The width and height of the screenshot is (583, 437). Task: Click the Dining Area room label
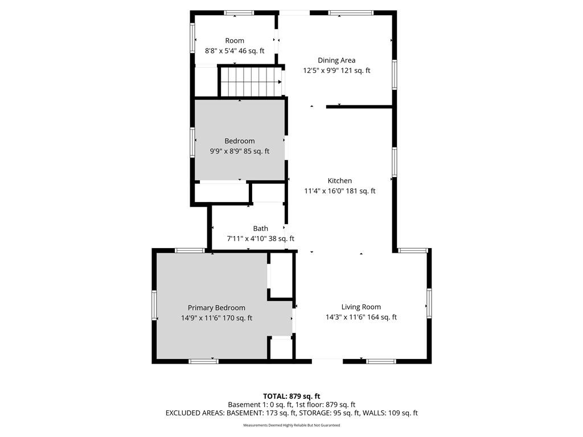[336, 60]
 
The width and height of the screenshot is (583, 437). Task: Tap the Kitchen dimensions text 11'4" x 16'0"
[324, 191]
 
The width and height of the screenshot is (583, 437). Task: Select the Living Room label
[361, 307]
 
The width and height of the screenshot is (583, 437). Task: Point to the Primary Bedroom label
[216, 308]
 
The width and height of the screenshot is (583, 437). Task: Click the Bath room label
[260, 229]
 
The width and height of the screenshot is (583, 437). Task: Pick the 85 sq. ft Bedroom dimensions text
[240, 151]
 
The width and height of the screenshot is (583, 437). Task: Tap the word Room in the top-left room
[235, 40]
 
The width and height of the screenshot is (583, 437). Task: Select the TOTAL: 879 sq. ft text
[291, 396]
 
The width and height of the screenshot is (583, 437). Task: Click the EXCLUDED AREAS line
[291, 413]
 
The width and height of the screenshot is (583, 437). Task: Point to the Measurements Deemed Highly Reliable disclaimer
[291, 425]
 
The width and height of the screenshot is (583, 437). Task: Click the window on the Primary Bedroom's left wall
[154, 305]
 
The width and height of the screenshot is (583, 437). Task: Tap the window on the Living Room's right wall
[429, 303]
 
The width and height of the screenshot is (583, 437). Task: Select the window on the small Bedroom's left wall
[192, 142]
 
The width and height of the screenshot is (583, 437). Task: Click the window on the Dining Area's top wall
[351, 13]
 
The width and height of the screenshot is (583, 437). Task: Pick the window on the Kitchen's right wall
[394, 162]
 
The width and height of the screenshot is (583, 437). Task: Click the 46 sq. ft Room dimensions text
[235, 51]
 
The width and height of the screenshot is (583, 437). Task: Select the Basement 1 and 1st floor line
[291, 405]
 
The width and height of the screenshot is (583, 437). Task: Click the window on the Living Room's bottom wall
[381, 361]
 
